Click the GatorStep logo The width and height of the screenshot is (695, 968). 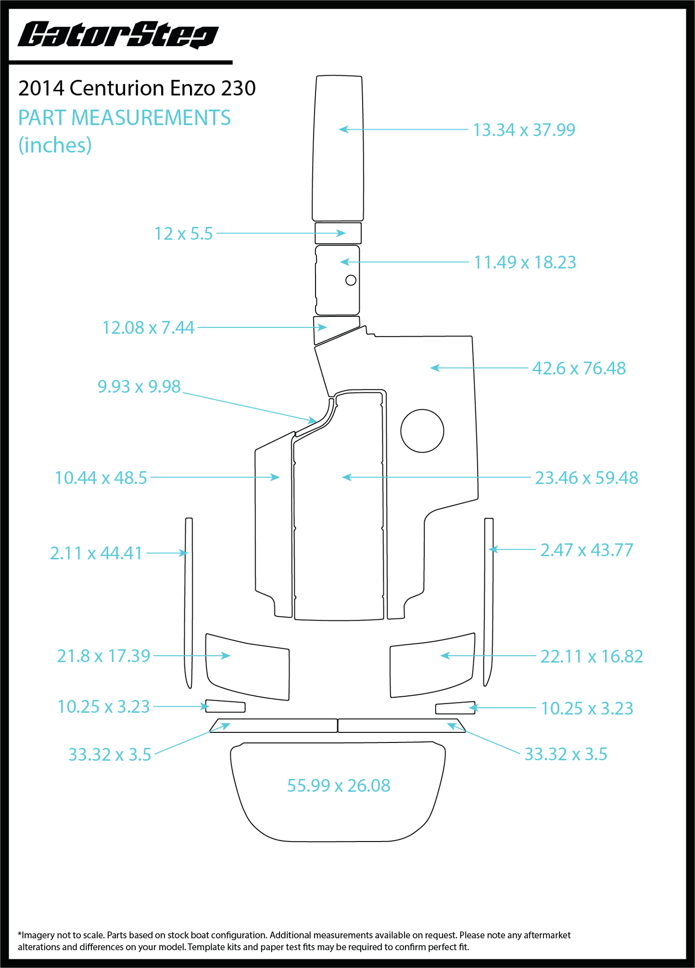(x=118, y=35)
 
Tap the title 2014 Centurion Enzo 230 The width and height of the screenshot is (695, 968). (x=137, y=88)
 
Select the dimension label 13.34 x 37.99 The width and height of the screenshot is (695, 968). (x=524, y=130)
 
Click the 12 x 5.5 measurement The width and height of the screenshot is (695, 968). (x=183, y=234)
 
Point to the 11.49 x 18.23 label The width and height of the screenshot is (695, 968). (x=525, y=263)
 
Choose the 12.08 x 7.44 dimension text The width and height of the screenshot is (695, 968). (x=148, y=327)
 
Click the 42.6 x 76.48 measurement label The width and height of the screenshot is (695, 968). (x=579, y=368)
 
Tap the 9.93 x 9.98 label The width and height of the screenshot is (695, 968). (x=139, y=386)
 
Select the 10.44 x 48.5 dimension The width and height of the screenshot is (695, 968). (x=101, y=478)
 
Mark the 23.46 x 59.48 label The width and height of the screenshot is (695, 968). (x=586, y=478)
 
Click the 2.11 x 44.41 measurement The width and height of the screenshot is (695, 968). (x=96, y=553)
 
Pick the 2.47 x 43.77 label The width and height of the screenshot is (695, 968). (x=587, y=550)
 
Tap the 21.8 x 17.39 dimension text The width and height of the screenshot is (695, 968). (x=103, y=656)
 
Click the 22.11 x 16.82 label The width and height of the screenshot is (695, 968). (x=592, y=656)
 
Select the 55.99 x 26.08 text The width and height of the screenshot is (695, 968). (x=339, y=786)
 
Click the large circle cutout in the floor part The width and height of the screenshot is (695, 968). (x=422, y=409)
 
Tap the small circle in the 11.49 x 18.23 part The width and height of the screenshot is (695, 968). (x=351, y=275)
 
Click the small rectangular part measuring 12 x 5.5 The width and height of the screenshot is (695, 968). (x=338, y=233)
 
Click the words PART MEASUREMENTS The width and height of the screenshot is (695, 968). (x=125, y=118)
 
